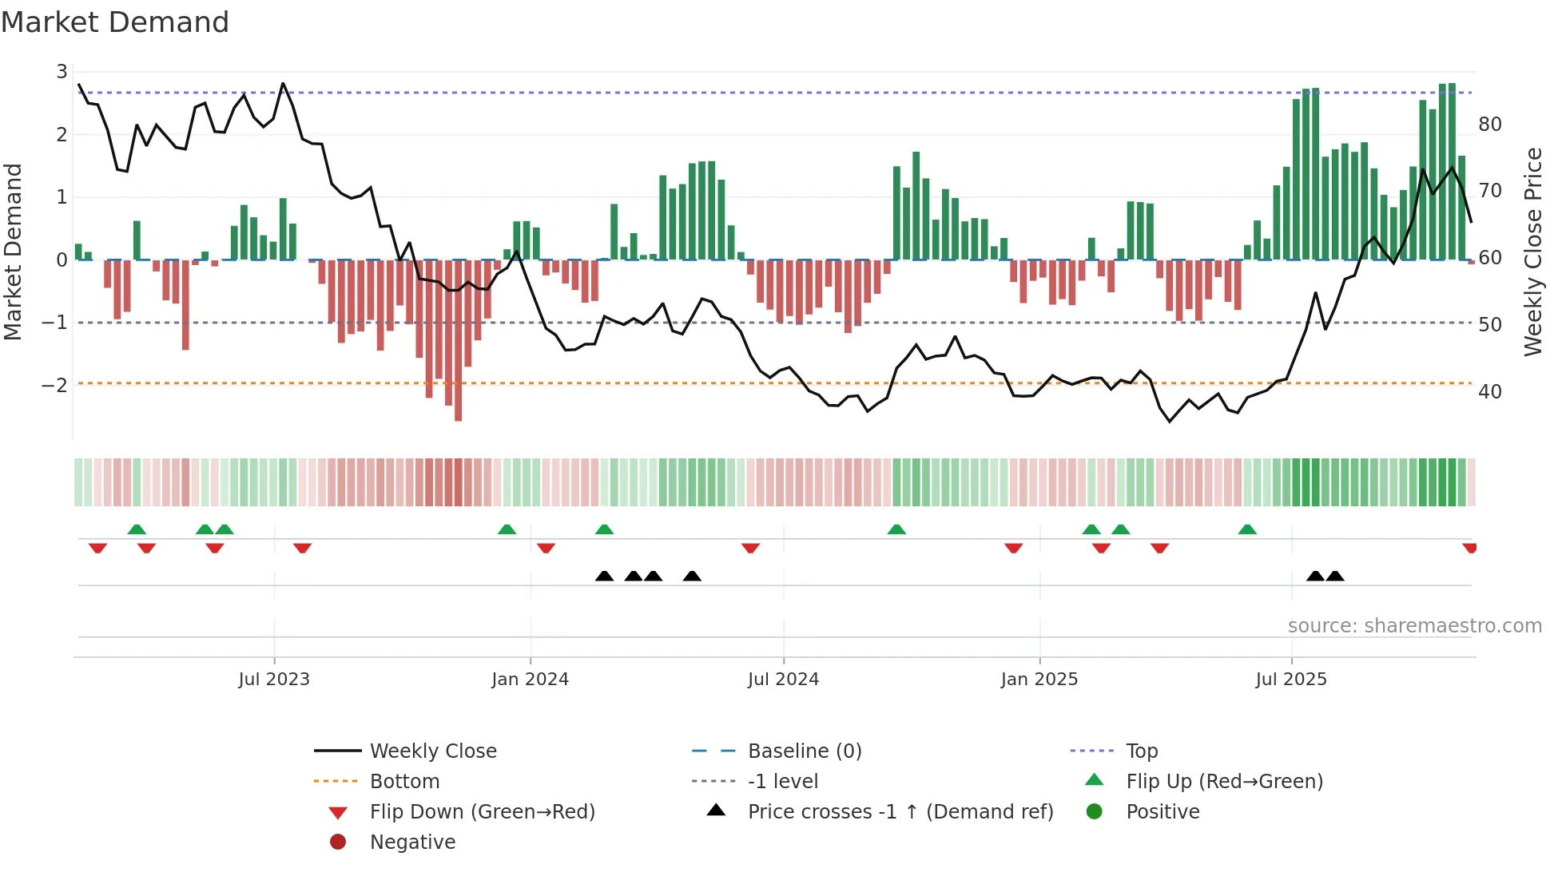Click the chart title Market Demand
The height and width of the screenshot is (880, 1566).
(x=115, y=22)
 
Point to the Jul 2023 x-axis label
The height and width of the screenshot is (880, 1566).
(x=274, y=680)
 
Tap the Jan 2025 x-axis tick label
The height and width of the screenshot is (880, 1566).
(x=1039, y=680)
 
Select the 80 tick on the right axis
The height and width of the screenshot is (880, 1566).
(x=1489, y=125)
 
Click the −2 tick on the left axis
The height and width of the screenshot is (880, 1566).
(x=54, y=386)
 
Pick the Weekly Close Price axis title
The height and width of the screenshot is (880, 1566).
(x=1532, y=252)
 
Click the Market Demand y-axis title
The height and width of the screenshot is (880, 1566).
(x=13, y=252)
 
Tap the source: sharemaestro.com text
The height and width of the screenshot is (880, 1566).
(x=1414, y=626)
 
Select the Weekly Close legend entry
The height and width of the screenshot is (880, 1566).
(x=432, y=751)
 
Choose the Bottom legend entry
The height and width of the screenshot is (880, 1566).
(x=404, y=782)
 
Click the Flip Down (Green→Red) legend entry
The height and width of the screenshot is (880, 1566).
(x=482, y=812)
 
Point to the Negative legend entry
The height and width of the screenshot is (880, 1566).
(x=412, y=842)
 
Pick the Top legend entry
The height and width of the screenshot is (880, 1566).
(x=1141, y=751)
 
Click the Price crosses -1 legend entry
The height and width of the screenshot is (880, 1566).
(x=900, y=812)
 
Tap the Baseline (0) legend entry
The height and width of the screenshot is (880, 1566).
(x=804, y=751)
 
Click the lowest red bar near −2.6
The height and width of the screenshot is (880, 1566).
(x=458, y=399)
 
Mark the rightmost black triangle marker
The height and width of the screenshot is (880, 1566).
(x=1334, y=576)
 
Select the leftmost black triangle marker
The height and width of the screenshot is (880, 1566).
(x=604, y=576)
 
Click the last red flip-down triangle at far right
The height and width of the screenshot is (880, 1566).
(x=1469, y=548)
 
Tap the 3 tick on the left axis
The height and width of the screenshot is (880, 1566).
(x=62, y=72)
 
